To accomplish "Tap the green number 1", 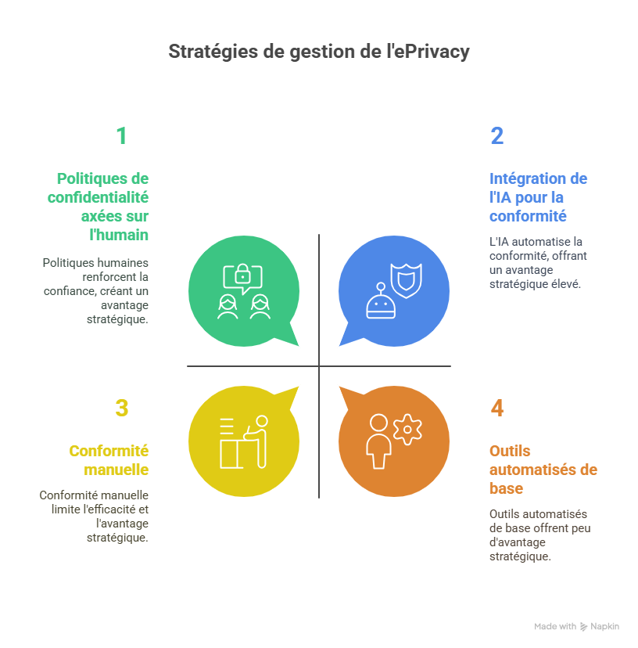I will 121,136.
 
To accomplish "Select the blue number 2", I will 497,136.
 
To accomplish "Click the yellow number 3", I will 121,409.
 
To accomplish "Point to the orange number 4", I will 497,409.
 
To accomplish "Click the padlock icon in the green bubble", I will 243,275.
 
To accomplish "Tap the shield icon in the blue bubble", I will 407,280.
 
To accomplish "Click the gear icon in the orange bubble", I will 407,429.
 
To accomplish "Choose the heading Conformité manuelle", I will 109,460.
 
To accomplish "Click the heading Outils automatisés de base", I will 543,470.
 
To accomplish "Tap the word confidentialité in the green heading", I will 98,197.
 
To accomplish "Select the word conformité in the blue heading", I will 528,216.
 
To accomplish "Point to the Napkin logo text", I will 605,627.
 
